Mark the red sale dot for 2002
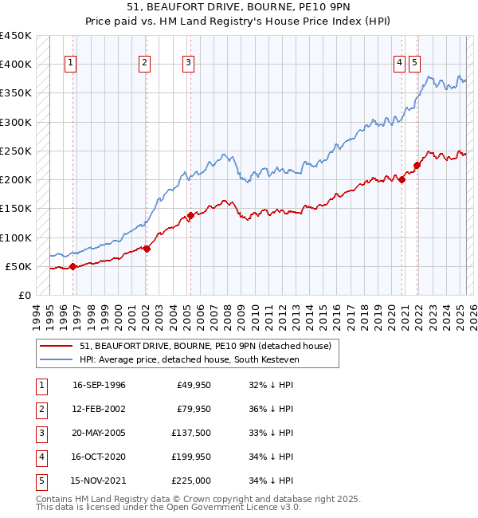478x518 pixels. click(x=147, y=249)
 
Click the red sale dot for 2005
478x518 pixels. click(x=190, y=215)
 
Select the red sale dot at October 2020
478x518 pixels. click(x=402, y=179)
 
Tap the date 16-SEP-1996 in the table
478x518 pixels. click(x=99, y=385)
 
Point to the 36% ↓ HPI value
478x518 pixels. click(x=271, y=409)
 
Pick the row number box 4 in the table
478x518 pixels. click(x=41, y=457)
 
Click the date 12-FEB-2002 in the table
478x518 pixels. click(x=99, y=409)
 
